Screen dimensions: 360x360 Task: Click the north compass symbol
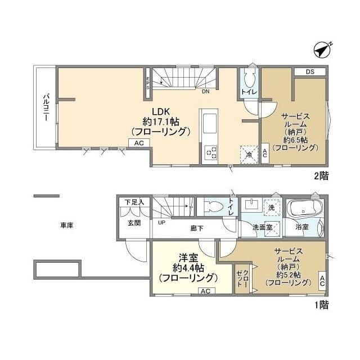pyautogui.click(x=322, y=50)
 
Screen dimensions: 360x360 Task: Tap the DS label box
pyautogui.click(x=310, y=71)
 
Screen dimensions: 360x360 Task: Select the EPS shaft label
pyautogui.click(x=148, y=83)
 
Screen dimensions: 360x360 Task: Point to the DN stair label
pyautogui.click(x=206, y=91)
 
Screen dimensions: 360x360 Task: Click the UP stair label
pyautogui.click(x=161, y=223)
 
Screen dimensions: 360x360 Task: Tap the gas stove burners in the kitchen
pyautogui.click(x=211, y=152)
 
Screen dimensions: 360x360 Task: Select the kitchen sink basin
pyautogui.click(x=210, y=124)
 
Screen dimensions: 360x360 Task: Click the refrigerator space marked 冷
pyautogui.click(x=249, y=155)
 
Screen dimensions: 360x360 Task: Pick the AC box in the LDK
pyautogui.click(x=139, y=143)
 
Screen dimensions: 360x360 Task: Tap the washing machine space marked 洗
pyautogui.click(x=272, y=208)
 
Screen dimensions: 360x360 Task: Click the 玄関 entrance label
pyautogui.click(x=134, y=223)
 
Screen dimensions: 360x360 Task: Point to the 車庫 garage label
pyautogui.click(x=67, y=226)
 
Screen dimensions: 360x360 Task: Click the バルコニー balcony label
pyautogui.click(x=47, y=107)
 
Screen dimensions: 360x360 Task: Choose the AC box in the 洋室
pyautogui.click(x=206, y=291)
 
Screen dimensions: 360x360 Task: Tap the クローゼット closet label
pyautogui.click(x=242, y=278)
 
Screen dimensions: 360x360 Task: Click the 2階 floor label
pyautogui.click(x=321, y=176)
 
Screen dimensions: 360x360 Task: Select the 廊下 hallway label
pyautogui.click(x=197, y=228)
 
